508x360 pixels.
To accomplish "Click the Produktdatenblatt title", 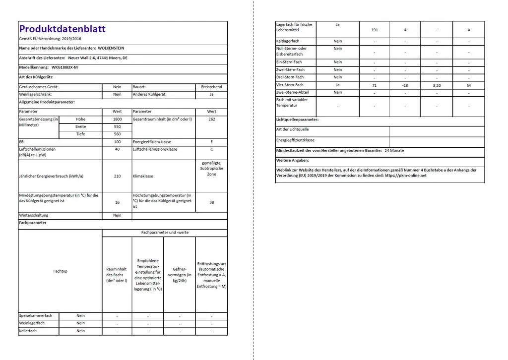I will pyautogui.click(x=63, y=29).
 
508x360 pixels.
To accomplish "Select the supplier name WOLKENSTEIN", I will pyautogui.click(x=111, y=48).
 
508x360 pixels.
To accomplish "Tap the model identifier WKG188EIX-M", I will pyautogui.click(x=64, y=67).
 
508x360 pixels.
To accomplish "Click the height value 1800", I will pyautogui.click(x=117, y=120).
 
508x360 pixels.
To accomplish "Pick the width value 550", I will pyautogui.click(x=117, y=127).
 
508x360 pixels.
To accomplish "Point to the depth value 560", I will pyautogui.click(x=117, y=134).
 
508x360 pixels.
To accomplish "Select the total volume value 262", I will pyautogui.click(x=212, y=120).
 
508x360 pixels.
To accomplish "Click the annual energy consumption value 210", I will pyautogui.click(x=117, y=176).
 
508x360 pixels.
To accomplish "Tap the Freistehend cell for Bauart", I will pyautogui.click(x=212, y=87).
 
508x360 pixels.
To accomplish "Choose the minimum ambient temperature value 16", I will pyautogui.click(x=117, y=202).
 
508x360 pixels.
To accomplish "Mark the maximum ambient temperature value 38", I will pyautogui.click(x=212, y=202).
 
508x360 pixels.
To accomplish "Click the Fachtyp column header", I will pyautogui.click(x=60, y=271).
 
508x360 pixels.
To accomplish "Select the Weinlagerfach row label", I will pyautogui.click(x=32, y=323).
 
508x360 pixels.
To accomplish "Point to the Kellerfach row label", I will pyautogui.click(x=29, y=331).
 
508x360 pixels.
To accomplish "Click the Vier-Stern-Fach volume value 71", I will pyautogui.click(x=374, y=85).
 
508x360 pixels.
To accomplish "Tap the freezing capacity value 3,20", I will pyautogui.click(x=437, y=85).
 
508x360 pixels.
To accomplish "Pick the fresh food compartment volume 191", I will pyautogui.click(x=374, y=30).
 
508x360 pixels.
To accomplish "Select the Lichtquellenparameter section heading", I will pyautogui.click(x=297, y=120).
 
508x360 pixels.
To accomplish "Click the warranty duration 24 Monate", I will pyautogui.click(x=394, y=150).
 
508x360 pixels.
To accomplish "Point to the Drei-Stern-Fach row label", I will pyautogui.click(x=290, y=77).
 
